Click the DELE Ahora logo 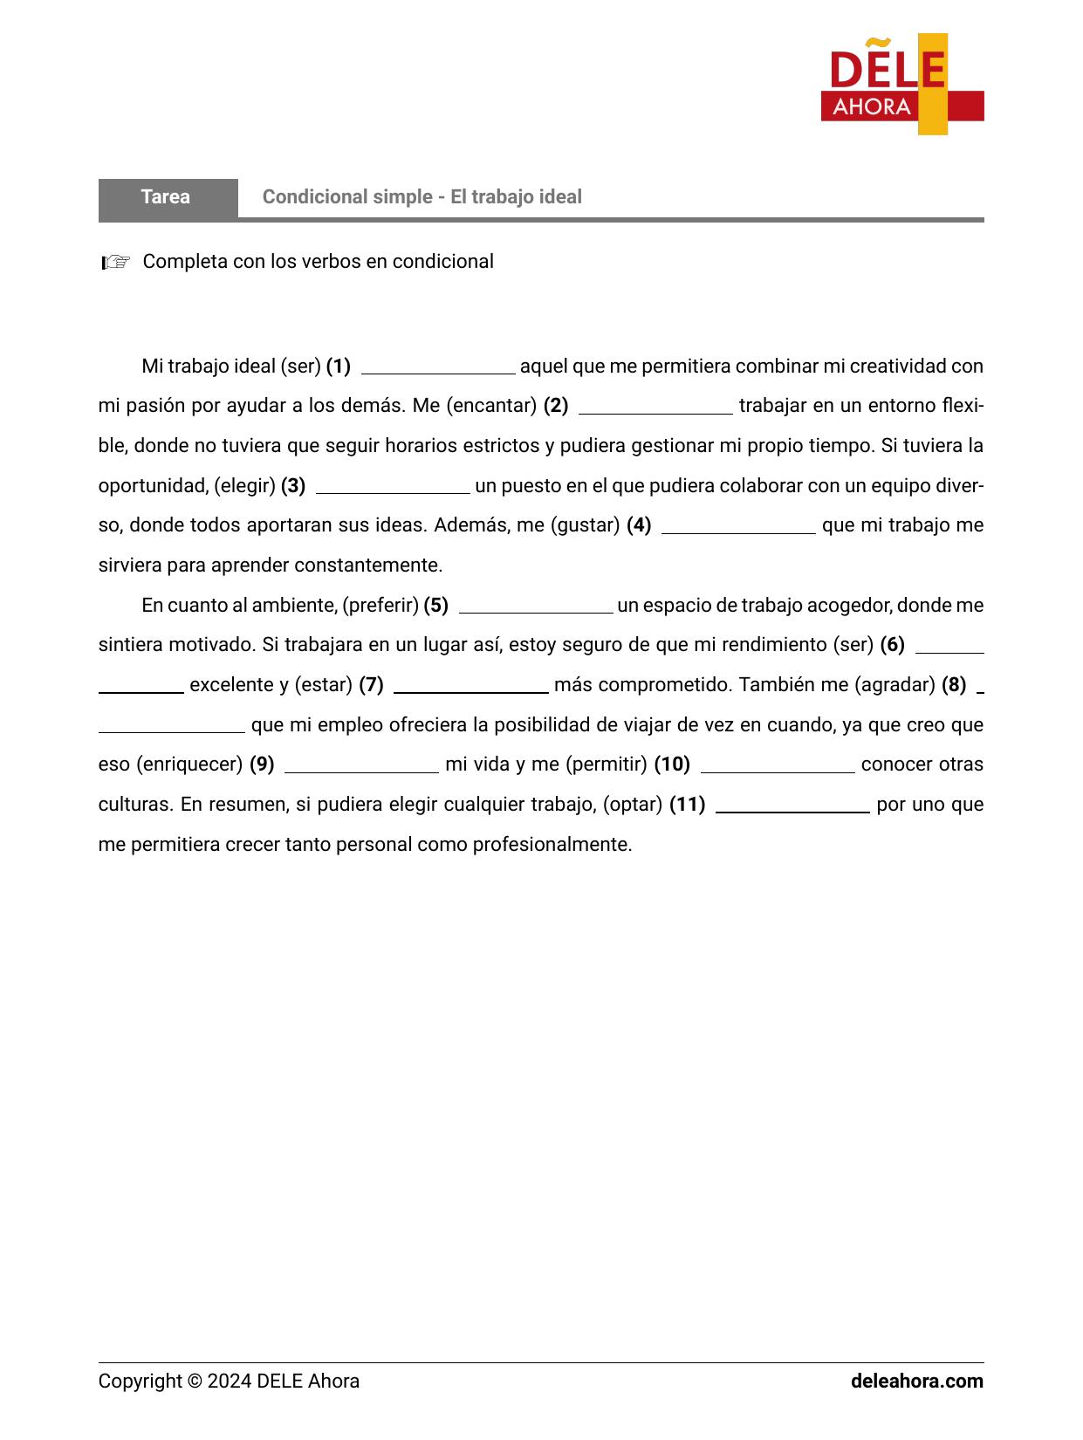pos(901,85)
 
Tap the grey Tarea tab pos(167,197)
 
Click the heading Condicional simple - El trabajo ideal pos(422,197)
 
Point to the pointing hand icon pos(115,262)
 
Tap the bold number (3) pos(293,486)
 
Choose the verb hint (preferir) pos(380,606)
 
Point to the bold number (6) pos(892,645)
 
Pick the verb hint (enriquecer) pos(189,765)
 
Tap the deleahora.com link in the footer pos(916,1382)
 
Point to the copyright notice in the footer pos(229,1382)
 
